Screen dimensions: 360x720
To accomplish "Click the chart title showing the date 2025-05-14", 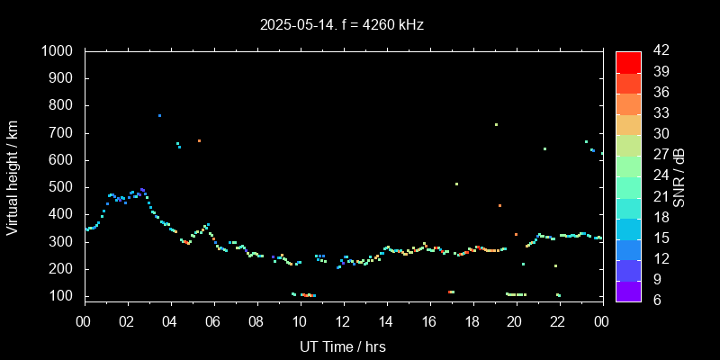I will click(x=342, y=25).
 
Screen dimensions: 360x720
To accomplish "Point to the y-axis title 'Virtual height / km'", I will click(x=13, y=177).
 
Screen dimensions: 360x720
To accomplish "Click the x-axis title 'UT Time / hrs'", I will click(x=342, y=346).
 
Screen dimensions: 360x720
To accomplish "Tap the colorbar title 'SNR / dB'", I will click(x=679, y=177).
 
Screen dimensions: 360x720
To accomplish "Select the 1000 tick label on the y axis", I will click(x=59, y=51).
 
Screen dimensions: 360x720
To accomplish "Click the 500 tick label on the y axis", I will click(x=64, y=187).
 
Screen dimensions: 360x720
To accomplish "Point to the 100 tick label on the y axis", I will click(x=64, y=296).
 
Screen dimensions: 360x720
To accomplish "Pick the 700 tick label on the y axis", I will click(x=64, y=133).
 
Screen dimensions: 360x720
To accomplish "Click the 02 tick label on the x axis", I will click(x=127, y=320).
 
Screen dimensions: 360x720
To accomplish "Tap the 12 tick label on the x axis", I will click(x=343, y=320).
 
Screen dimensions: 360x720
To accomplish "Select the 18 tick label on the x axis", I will click(x=472, y=320).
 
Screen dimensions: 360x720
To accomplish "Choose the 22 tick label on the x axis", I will click(x=559, y=320).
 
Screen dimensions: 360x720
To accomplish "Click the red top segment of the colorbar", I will click(x=628, y=61).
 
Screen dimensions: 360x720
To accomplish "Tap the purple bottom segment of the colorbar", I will click(x=628, y=290).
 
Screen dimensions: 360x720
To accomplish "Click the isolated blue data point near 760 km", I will click(x=160, y=115).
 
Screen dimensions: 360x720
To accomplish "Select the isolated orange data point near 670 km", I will click(x=199, y=140).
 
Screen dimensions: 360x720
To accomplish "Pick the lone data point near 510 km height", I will click(x=456, y=184).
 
